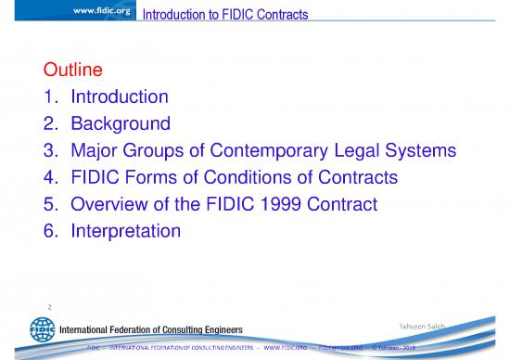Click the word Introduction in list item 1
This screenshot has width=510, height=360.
click(121, 96)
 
